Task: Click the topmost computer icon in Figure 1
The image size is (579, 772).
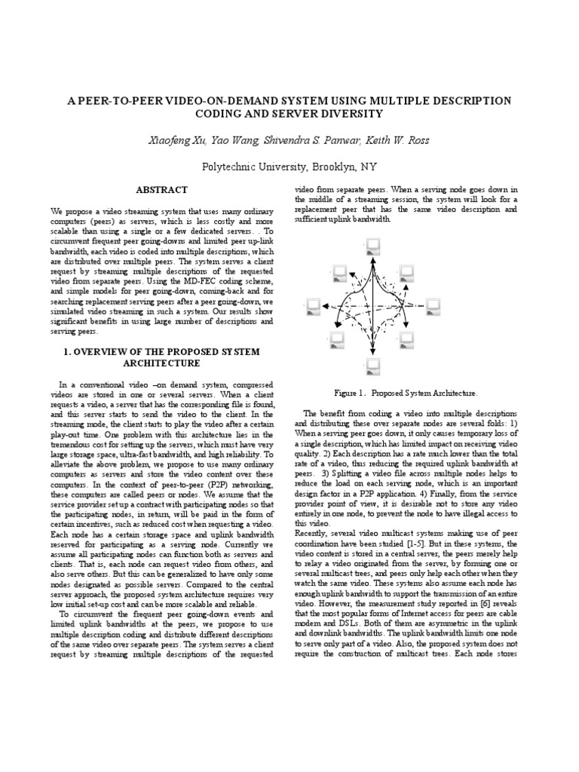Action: click(x=372, y=245)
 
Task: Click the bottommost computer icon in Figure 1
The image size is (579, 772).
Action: click(x=372, y=366)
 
